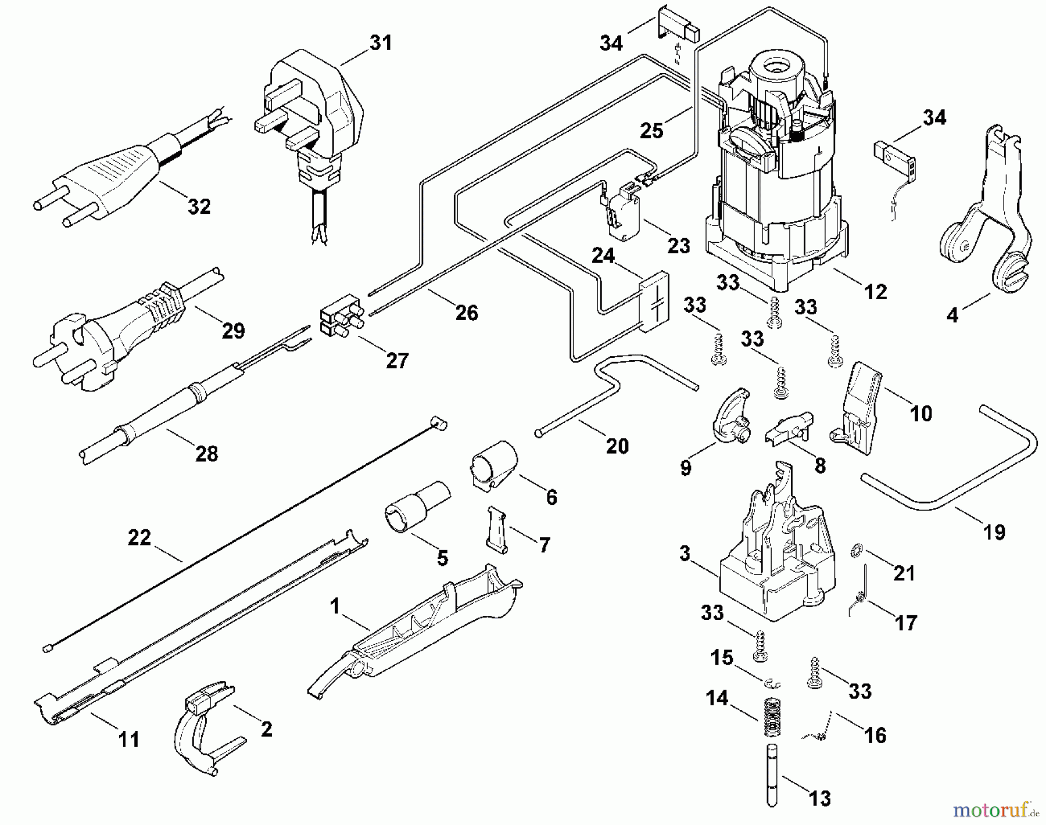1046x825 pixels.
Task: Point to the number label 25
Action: pos(651,130)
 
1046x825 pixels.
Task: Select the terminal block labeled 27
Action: pos(341,320)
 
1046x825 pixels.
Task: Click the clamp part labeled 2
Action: pos(203,723)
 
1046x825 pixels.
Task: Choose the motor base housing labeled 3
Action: pos(776,558)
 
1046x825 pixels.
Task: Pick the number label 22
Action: pos(139,538)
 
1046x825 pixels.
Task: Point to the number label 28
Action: pos(207,453)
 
